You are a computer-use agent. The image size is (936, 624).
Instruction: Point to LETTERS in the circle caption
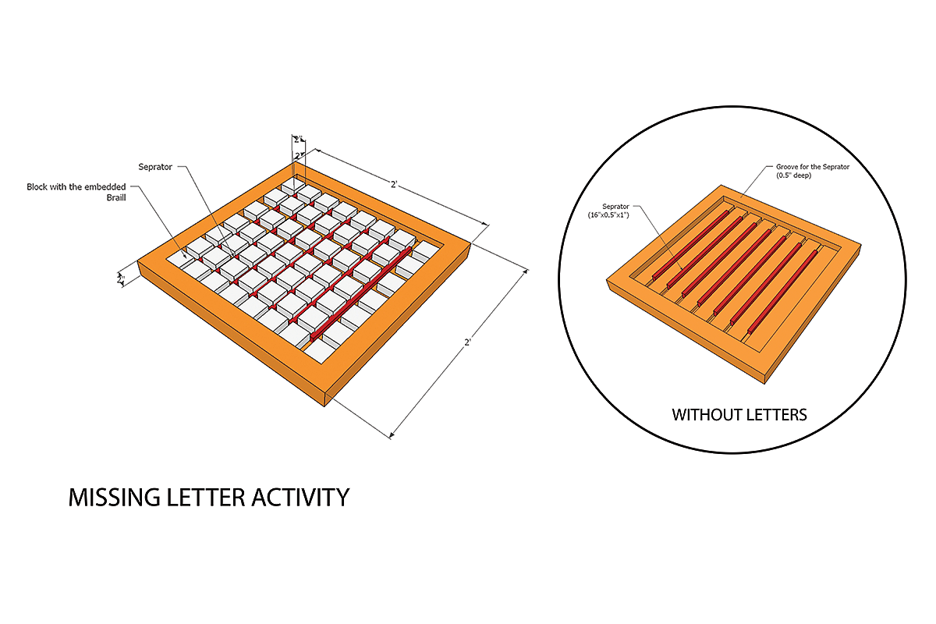(779, 414)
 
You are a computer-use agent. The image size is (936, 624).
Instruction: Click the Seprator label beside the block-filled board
(156, 167)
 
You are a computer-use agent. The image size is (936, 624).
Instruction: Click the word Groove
(788, 167)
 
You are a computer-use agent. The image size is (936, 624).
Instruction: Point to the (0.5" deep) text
(796, 175)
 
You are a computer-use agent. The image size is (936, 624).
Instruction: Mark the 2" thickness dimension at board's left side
(121, 278)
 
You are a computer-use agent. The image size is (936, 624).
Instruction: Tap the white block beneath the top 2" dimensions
(294, 186)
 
